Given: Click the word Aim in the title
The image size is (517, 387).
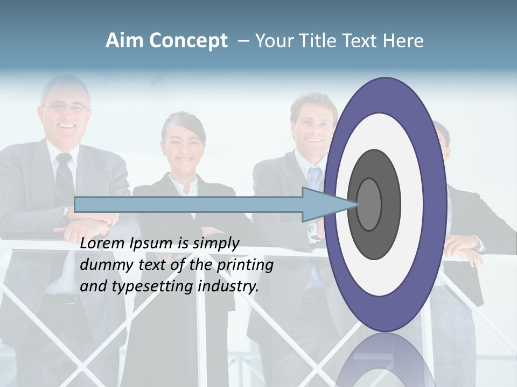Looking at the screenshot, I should point(124,41).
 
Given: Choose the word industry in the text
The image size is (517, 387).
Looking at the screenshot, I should point(228,286).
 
